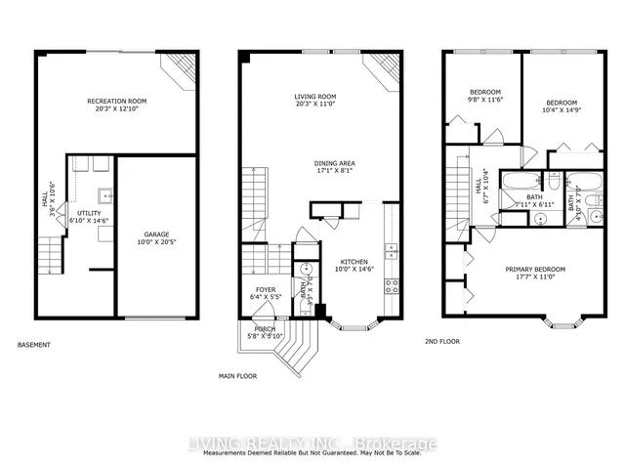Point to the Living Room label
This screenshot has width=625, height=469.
(315, 96)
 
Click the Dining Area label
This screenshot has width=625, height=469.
(333, 163)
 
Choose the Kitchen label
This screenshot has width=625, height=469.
(353, 262)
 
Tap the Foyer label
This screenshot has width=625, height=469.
(267, 289)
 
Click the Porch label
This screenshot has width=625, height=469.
(264, 329)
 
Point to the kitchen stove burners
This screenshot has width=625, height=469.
(393, 285)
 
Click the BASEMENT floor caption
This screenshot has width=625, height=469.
(34, 345)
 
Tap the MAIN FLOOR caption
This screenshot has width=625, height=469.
(237, 375)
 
